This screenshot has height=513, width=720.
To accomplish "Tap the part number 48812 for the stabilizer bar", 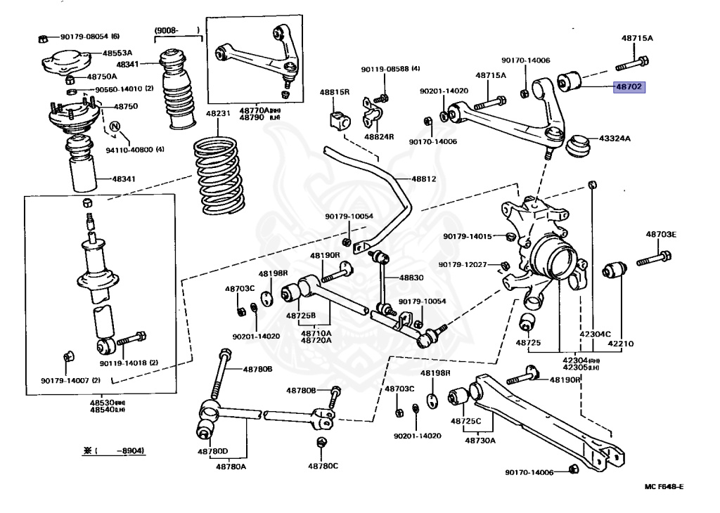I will (424, 179).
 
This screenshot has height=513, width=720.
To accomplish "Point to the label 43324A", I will (615, 138).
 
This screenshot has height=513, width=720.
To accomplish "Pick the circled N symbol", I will (115, 126).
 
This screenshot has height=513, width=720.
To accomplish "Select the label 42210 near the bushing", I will (621, 344).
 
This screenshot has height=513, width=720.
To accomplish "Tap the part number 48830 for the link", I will (411, 278).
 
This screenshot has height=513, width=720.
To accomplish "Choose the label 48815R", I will (335, 92).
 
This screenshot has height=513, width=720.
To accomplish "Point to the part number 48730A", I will (480, 441).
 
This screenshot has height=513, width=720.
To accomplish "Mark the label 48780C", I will (323, 465).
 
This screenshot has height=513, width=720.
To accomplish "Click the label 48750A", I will (102, 77).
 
